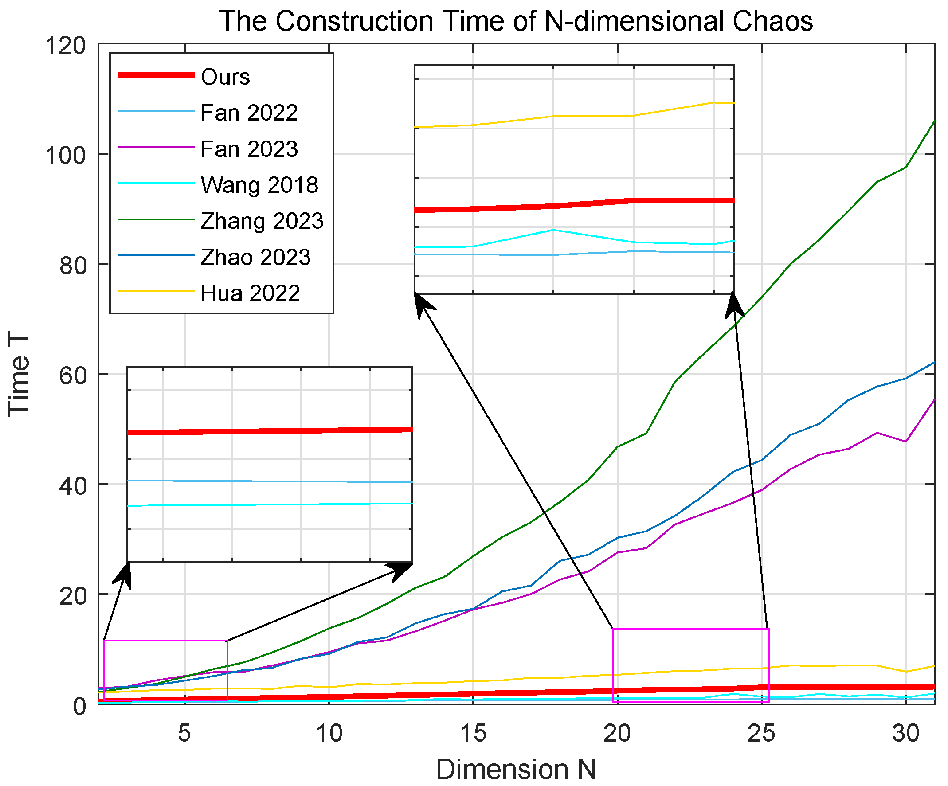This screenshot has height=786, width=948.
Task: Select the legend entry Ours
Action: [225, 77]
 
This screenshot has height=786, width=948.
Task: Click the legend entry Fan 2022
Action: [249, 113]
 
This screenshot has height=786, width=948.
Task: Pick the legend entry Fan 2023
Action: [249, 149]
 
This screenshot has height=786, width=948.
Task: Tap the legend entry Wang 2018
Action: [259, 185]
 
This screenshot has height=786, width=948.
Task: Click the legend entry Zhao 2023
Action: [256, 257]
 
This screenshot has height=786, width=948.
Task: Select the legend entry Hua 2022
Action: [251, 293]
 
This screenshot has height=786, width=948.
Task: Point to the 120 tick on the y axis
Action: [66, 46]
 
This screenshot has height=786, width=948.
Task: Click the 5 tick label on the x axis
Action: [184, 734]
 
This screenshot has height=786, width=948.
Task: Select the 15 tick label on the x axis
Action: [473, 734]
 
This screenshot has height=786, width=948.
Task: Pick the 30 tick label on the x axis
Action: [905, 734]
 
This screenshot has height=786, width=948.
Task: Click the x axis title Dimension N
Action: [516, 769]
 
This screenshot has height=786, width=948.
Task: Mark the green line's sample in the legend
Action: [156, 219]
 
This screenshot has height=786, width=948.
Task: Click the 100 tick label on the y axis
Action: [66, 156]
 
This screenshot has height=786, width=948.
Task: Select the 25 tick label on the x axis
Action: [761, 734]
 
